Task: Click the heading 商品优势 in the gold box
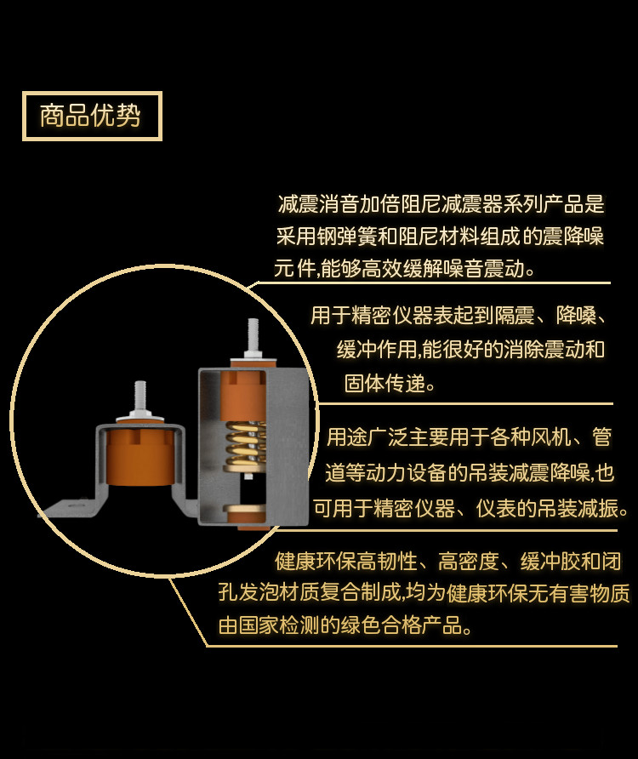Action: click(x=90, y=116)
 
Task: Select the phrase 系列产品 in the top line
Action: click(x=523, y=204)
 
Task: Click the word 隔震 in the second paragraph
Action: click(x=514, y=316)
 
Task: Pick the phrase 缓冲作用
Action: click(x=377, y=349)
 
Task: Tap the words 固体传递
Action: click(x=385, y=383)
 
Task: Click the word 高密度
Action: click(x=469, y=562)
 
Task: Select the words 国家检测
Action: click(x=279, y=625)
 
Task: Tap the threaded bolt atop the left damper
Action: click(x=140, y=398)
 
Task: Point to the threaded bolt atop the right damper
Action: click(x=253, y=336)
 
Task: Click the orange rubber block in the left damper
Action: click(x=140, y=455)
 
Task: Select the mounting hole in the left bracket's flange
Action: click(x=75, y=505)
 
